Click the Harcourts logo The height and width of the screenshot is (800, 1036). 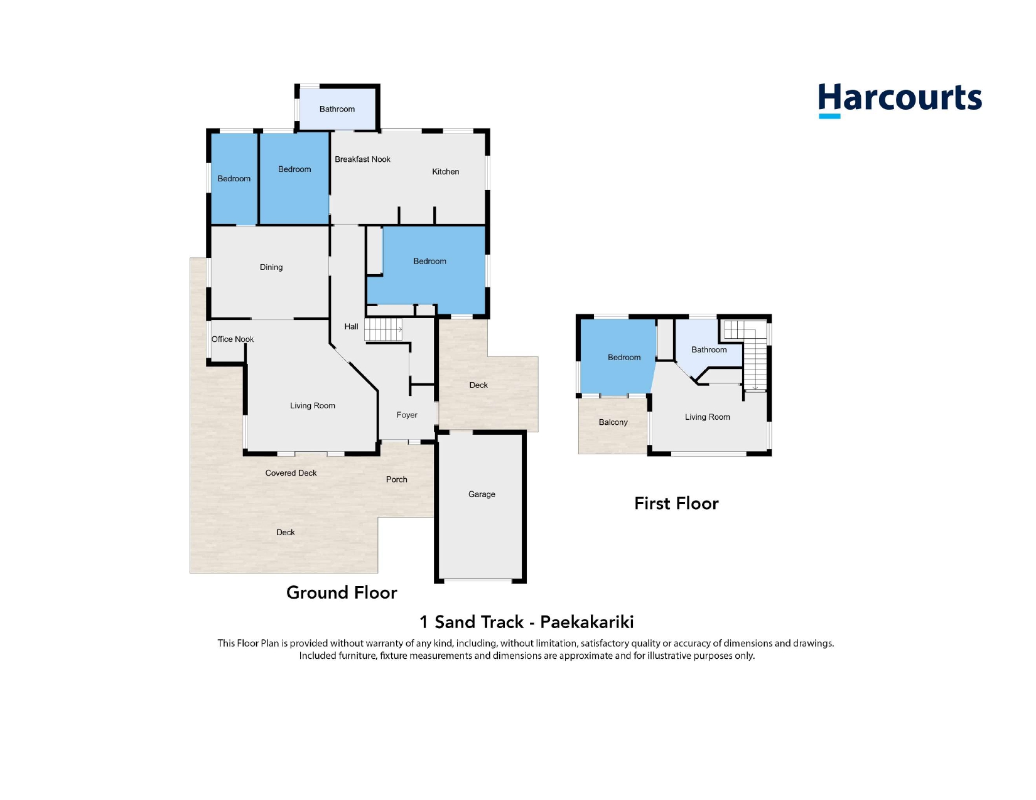pos(900,100)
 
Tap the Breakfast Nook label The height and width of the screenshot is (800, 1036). pos(362,159)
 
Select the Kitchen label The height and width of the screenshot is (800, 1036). pos(445,171)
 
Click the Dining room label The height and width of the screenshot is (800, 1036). pos(271,267)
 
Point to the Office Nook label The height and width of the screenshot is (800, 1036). pos(232,339)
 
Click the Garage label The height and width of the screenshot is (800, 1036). pos(482,494)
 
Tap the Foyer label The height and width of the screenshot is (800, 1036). pos(407,415)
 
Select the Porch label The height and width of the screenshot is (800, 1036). pos(396,479)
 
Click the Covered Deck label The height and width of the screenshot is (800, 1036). pos(291,473)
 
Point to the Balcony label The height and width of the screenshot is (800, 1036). pos(613,422)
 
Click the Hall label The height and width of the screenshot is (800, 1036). pos(351,326)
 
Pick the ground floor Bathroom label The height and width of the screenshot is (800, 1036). pos(337,109)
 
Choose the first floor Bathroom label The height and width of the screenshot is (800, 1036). pos(709,349)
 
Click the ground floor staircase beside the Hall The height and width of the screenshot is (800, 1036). pos(383,329)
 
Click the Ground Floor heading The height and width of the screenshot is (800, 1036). pos(342,593)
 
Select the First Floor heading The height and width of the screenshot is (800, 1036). pos(676,504)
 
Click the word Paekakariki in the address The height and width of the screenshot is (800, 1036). pos(587,622)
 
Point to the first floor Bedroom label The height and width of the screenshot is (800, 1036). pos(623,358)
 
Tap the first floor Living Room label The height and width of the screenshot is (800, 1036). pos(707,417)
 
